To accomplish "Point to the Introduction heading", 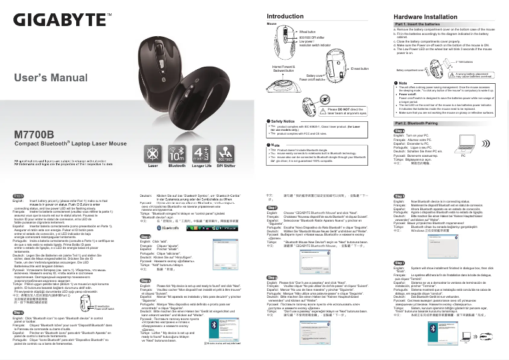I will click(285, 16).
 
